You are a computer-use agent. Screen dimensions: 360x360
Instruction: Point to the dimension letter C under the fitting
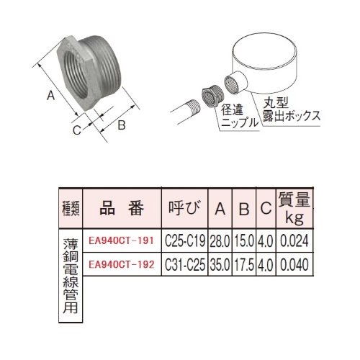tap(75, 130)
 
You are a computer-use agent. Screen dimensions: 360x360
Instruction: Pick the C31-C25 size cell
tap(186, 264)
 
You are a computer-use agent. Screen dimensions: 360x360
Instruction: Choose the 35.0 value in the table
tap(221, 264)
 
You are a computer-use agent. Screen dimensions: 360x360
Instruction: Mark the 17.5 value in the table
tap(244, 264)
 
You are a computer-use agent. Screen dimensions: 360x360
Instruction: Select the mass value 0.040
tap(295, 264)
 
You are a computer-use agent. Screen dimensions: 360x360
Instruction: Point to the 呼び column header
tap(184, 210)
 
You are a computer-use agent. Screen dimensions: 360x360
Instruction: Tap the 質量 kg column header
tap(294, 210)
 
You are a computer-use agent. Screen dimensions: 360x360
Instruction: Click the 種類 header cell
tap(70, 210)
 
